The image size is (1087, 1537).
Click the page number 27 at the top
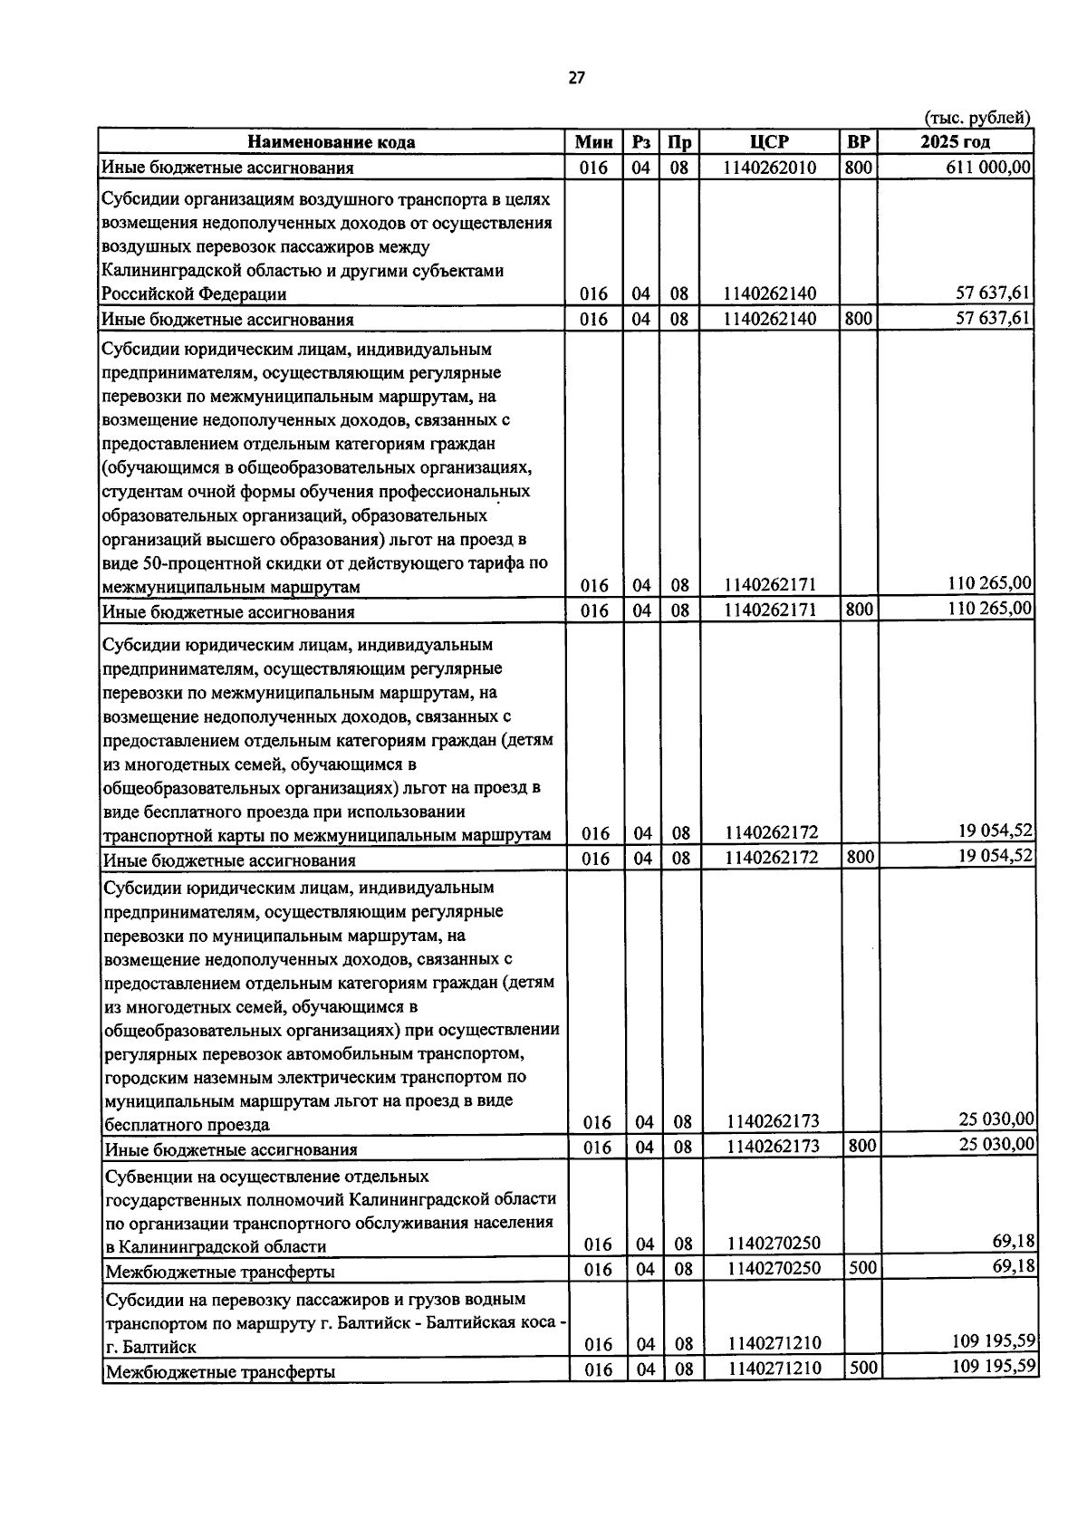576,78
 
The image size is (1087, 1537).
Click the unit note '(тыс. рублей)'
977,118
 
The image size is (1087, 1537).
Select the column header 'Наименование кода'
332,142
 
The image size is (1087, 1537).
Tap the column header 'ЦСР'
769,142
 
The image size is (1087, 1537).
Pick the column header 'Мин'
593,142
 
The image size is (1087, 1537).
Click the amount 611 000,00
987,167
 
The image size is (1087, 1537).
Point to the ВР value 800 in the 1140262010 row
859,167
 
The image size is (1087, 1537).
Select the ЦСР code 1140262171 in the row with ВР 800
771,610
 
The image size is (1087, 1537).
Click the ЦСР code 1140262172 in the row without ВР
772,832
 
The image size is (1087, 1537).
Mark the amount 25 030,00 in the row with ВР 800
996,1145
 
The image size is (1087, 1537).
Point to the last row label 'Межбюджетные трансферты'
220,1371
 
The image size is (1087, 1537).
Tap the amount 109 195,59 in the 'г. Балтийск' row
994,1340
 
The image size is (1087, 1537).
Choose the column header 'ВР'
858,142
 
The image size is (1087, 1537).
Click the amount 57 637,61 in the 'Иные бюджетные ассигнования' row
994,318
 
